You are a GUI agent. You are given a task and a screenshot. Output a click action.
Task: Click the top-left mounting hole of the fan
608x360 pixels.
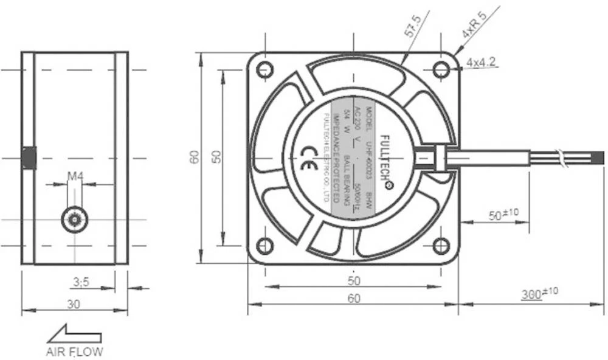(264, 70)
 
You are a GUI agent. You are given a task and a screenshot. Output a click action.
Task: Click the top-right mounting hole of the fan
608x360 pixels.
(441, 70)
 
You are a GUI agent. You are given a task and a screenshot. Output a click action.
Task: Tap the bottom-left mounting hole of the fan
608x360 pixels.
(264, 246)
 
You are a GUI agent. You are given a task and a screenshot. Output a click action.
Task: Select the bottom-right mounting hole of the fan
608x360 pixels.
(441, 246)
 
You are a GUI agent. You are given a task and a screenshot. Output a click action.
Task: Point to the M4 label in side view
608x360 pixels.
(75, 176)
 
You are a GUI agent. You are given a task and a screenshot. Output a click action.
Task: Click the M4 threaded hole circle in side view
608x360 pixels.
(74, 220)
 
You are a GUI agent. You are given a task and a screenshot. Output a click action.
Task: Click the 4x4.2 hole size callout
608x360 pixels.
(482, 63)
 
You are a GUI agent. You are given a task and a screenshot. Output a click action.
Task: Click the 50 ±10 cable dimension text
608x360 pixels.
(503, 215)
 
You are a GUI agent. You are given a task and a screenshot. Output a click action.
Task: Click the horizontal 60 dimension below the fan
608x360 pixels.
(353, 298)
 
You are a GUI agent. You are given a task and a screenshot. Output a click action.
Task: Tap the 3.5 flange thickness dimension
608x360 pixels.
(81, 282)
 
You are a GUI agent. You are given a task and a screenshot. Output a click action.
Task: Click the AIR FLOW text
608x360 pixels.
(75, 351)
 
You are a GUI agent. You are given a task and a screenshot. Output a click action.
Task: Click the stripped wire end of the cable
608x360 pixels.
(598, 159)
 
